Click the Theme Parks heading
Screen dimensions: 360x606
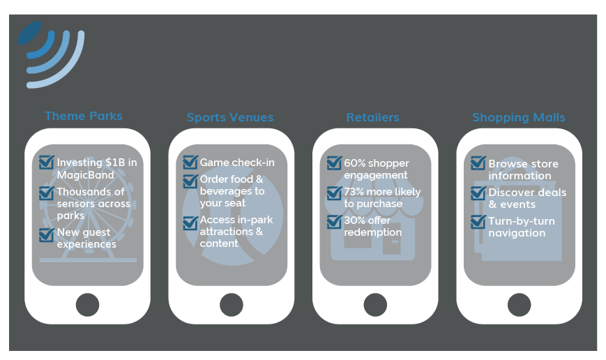(x=83, y=117)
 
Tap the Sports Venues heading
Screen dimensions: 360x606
(x=230, y=118)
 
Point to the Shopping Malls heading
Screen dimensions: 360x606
(x=518, y=118)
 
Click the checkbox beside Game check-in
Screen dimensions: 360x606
(x=190, y=163)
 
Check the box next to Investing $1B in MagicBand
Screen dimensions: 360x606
(x=47, y=163)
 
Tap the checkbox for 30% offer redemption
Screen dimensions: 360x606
(x=334, y=222)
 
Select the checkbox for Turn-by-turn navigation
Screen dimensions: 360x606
(x=478, y=222)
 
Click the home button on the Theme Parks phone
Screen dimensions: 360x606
(x=87, y=305)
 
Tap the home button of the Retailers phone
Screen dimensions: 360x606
(x=375, y=305)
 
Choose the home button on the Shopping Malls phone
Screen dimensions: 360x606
(x=519, y=305)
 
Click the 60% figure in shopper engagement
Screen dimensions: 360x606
(x=354, y=163)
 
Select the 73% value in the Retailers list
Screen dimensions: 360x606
(x=354, y=192)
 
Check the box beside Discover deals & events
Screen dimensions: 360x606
(x=478, y=193)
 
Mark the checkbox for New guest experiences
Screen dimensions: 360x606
(x=47, y=233)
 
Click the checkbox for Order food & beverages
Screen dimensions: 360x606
(x=190, y=181)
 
